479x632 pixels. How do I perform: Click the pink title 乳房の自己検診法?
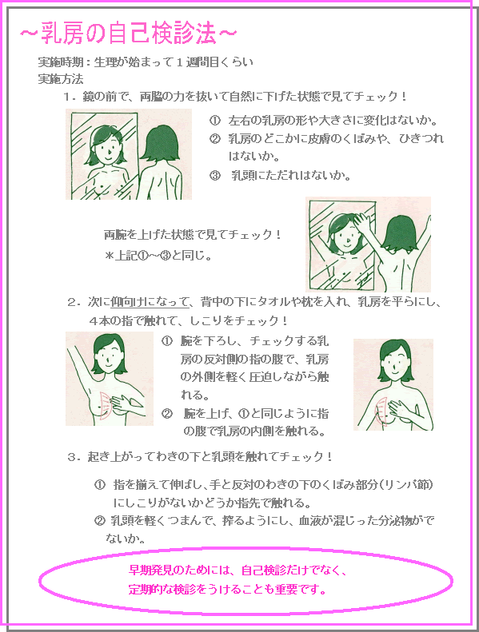[128, 33]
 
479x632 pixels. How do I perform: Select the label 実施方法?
[61, 79]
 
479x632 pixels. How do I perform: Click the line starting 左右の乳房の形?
[333, 120]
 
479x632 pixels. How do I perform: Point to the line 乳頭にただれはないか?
[291, 175]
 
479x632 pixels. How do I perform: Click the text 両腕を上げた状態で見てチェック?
[192, 234]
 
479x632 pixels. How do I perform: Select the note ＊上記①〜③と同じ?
[158, 256]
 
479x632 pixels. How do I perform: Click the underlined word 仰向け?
[127, 302]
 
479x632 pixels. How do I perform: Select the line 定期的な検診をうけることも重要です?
[228, 590]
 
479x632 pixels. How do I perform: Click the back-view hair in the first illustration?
[162, 142]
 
